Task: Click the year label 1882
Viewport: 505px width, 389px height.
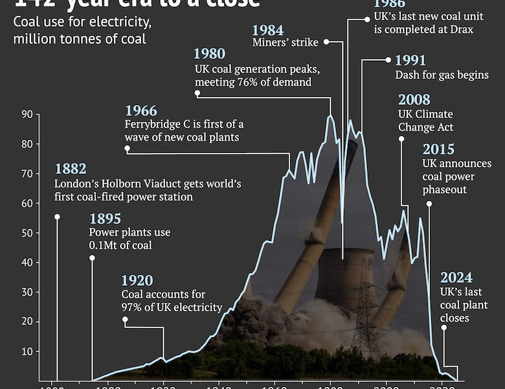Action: click(71, 169)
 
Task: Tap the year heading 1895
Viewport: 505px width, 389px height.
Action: click(105, 219)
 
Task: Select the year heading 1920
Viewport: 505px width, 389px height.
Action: click(137, 281)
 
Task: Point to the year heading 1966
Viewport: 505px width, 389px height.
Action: click(141, 110)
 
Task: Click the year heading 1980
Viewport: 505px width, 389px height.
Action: click(210, 54)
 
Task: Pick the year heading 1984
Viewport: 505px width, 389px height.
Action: click(267, 30)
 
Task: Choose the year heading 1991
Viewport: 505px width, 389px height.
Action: click(410, 61)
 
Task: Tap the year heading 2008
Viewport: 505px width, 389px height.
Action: click(414, 100)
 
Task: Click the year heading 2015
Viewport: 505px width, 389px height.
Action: click(438, 150)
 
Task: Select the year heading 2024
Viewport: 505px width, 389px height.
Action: click(456, 277)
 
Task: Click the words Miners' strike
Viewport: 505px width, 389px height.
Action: click(286, 43)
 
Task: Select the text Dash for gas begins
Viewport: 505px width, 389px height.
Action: click(442, 75)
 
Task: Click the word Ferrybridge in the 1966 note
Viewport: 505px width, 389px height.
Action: click(151, 124)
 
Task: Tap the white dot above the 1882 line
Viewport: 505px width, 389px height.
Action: click(57, 217)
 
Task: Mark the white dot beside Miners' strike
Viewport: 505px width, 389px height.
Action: click(326, 41)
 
